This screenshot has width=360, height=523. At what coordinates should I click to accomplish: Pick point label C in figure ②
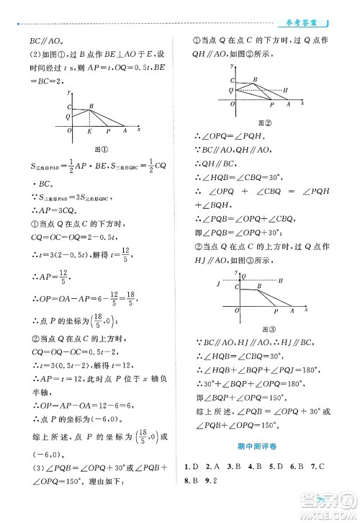coord(232,79)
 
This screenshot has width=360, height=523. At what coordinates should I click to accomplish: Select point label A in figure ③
coord(292,311)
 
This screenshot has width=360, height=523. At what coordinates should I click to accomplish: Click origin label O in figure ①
coord(69,131)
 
